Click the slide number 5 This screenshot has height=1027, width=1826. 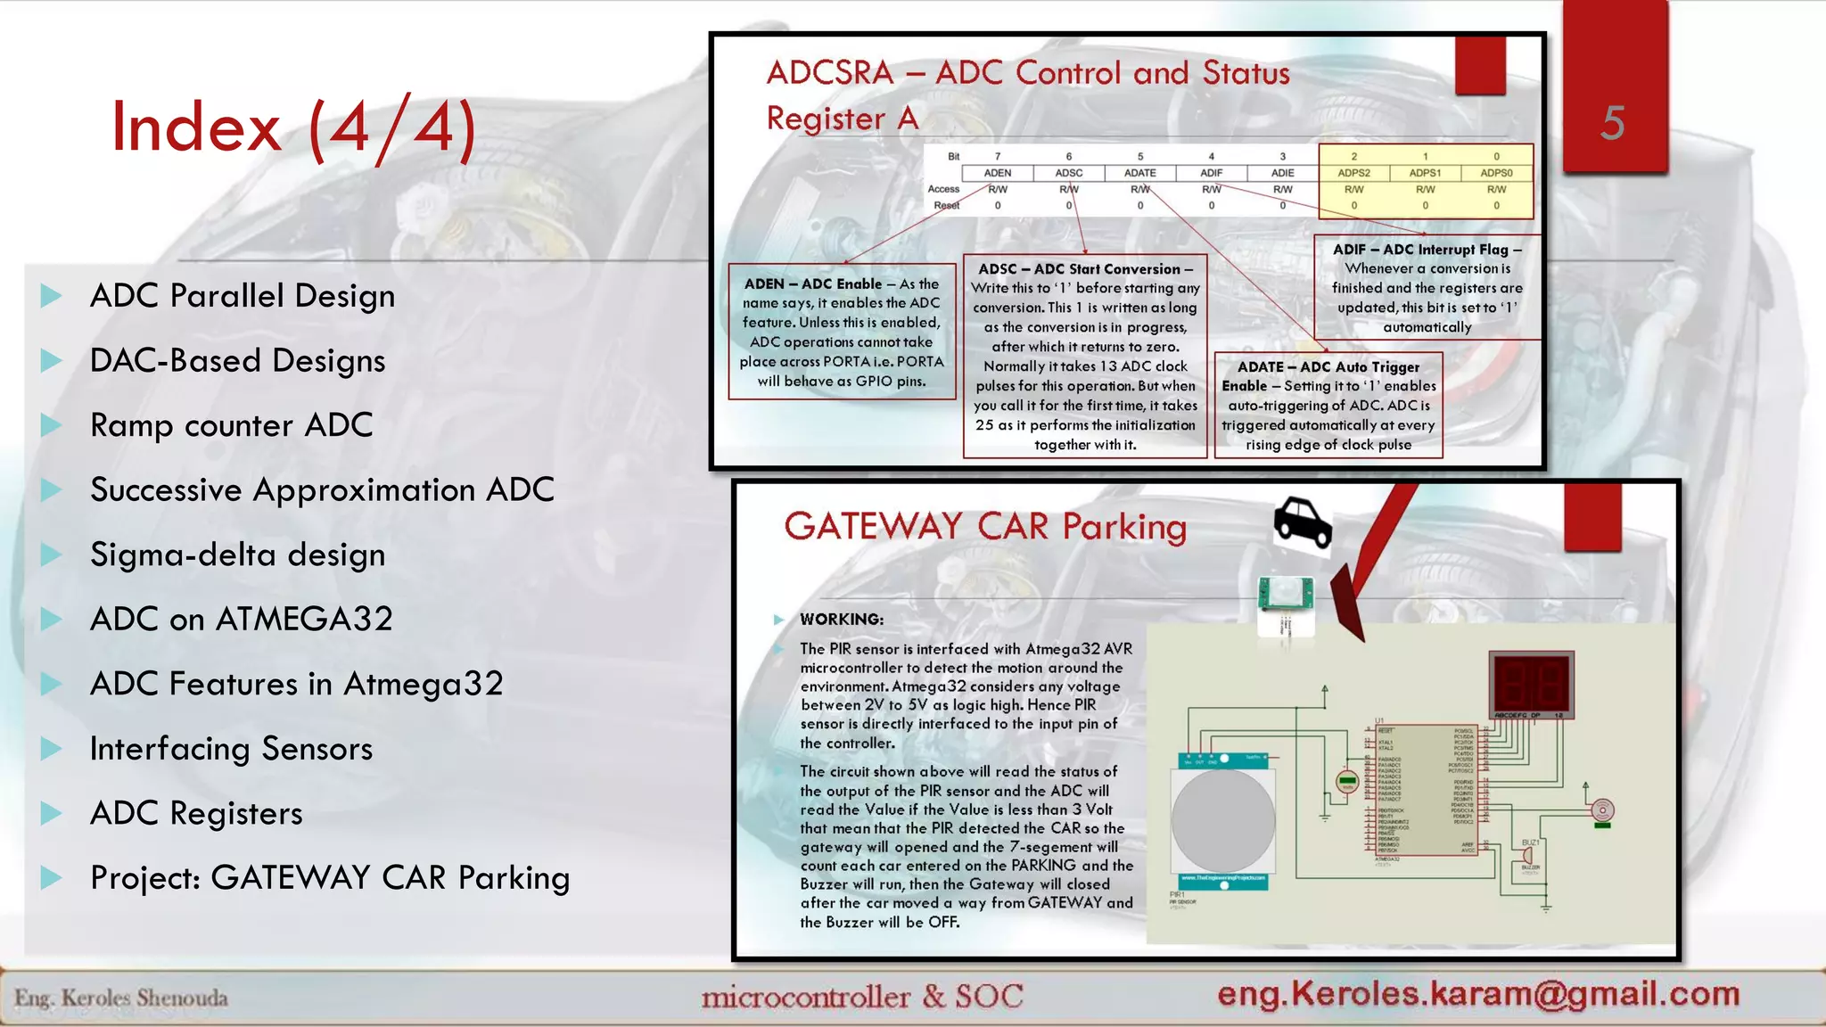1612,123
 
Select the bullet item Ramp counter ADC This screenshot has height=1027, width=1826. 232,425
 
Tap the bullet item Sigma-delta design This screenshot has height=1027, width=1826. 238,555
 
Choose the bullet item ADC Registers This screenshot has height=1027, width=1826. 197,813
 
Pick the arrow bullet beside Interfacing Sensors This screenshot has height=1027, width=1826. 52,749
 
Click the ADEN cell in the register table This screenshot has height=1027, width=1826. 998,173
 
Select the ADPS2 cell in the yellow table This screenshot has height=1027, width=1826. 1353,173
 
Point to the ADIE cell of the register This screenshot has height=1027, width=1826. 1282,173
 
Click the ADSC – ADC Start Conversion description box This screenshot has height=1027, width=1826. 1085,357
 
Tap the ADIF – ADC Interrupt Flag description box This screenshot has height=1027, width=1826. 1427,288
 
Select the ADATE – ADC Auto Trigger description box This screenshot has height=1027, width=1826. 1328,406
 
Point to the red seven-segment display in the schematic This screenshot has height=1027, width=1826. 1531,682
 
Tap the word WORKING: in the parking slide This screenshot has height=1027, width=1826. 842,620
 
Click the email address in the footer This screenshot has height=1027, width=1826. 1478,994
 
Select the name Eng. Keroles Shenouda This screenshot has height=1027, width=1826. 121,998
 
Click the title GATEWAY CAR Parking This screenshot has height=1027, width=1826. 985,527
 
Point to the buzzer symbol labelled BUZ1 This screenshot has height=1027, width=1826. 1528,855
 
